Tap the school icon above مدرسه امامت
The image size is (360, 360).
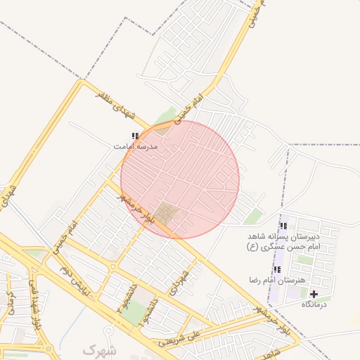(135, 136)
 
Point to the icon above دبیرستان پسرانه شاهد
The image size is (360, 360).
(284, 226)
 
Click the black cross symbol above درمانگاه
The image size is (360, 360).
(314, 293)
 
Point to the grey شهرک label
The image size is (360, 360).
(99, 349)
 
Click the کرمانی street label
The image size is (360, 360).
(10, 302)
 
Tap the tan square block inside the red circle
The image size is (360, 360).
(167, 214)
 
